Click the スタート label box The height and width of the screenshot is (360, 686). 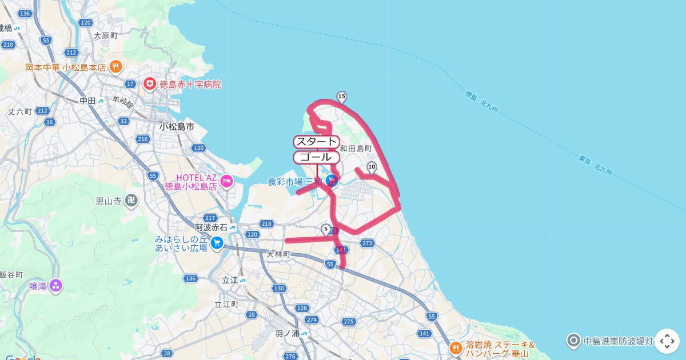point(316,142)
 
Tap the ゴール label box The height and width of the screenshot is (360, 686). point(316,157)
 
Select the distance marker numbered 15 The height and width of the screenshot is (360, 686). point(342,97)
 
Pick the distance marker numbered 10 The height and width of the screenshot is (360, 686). point(372,167)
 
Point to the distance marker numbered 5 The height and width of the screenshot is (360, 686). point(326,230)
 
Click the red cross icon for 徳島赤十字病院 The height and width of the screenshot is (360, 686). point(150,84)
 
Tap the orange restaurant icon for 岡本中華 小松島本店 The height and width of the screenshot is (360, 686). point(115,67)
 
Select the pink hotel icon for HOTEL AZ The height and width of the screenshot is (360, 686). point(227,182)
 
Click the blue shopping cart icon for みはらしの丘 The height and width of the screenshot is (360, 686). point(217,243)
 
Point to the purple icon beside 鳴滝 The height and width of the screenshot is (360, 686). point(56,286)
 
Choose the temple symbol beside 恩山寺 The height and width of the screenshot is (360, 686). point(131,201)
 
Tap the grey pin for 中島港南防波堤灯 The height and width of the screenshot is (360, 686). point(573,341)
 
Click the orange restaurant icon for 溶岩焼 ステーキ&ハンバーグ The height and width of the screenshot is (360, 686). point(456,347)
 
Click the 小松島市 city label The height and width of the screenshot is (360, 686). point(177,126)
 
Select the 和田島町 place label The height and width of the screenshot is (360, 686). point(356,149)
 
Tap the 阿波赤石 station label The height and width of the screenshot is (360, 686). point(212,227)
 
